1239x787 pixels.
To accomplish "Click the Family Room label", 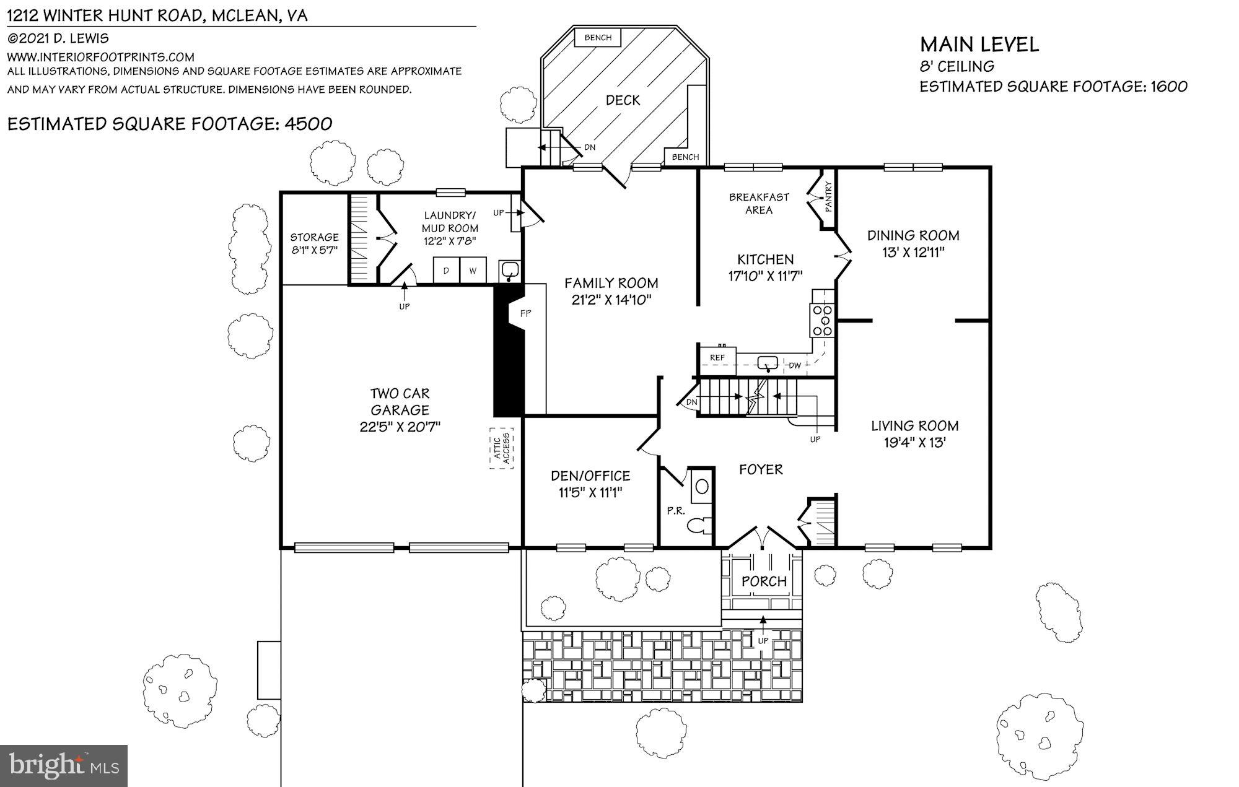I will pos(611,284).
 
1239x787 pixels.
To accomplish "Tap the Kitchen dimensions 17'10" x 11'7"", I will pos(765,276).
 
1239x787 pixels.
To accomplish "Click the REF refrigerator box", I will pos(717,358).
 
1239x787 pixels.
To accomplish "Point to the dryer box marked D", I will pos(446,271).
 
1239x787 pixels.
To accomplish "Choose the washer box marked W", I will pos(473,271).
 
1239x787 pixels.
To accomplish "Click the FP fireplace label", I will pos(525,313).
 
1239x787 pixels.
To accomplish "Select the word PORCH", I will pos(764,581).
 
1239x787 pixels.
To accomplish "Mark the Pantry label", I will pos(829,196).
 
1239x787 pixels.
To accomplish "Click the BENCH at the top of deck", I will pos(598,38).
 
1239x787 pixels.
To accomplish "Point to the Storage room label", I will pos(314,237).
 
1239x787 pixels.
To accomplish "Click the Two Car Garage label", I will pos(400,401).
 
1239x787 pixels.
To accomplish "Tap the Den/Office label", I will pos(590,476).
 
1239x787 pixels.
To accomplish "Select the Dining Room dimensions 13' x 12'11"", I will pos(913,253).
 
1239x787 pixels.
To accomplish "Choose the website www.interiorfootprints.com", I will pos(101,57).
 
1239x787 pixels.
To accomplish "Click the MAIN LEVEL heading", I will pos(979,45).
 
